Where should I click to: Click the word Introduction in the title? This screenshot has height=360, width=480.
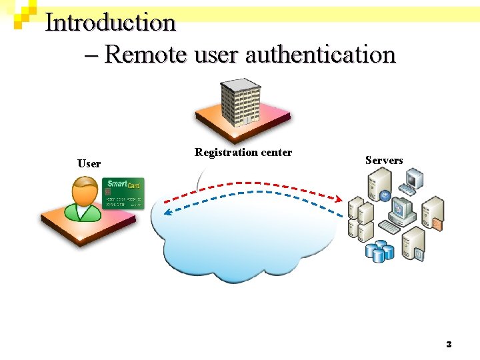click(110, 23)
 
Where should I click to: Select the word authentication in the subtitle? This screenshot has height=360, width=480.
click(321, 54)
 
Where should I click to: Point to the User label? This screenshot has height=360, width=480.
click(89, 163)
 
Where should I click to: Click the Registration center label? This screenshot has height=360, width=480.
click(243, 153)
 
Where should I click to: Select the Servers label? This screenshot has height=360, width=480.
click(384, 160)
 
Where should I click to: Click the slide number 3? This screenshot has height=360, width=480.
click(449, 345)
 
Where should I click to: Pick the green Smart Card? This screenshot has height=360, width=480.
click(123, 193)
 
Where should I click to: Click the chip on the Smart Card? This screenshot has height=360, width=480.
click(109, 192)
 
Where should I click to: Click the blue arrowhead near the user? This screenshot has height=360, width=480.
click(167, 212)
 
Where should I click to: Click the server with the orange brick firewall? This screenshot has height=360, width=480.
click(433, 213)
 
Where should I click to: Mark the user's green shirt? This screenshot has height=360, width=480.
click(83, 212)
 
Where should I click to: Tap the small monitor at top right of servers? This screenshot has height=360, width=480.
click(415, 179)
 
